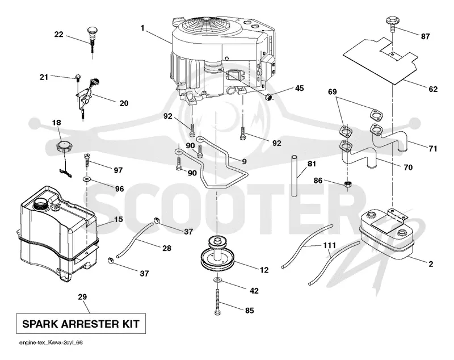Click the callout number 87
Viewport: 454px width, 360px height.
(x=425, y=36)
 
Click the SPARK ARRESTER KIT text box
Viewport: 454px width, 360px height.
(x=81, y=324)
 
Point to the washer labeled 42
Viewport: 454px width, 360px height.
(x=217, y=280)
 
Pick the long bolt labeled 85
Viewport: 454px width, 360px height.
(x=217, y=300)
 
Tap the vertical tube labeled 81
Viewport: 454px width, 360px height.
(x=295, y=176)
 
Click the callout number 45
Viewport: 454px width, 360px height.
(x=300, y=88)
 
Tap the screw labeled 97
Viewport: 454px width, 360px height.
(x=87, y=160)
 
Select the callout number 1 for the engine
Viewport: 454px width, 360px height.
(x=142, y=28)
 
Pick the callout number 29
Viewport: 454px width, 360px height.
(x=82, y=297)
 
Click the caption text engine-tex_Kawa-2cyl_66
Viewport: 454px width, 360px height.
(x=51, y=342)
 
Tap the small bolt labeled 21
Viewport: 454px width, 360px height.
(x=78, y=77)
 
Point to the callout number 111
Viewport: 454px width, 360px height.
(x=330, y=246)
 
